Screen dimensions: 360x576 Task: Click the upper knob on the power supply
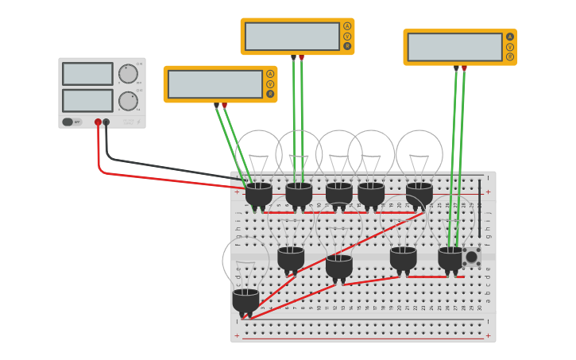click(127, 74)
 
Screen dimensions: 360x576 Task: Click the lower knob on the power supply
click(127, 101)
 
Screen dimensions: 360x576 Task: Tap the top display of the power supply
click(87, 74)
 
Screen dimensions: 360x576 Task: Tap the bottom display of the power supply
click(87, 101)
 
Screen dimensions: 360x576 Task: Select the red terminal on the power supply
click(99, 122)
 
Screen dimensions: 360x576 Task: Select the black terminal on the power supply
click(106, 122)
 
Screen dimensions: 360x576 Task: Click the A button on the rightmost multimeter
click(509, 37)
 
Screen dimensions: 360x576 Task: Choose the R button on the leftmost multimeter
click(270, 94)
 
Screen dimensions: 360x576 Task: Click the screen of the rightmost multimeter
click(454, 47)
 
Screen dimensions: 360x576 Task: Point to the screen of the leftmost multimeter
click(215, 84)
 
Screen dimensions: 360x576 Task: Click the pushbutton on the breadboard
click(471, 257)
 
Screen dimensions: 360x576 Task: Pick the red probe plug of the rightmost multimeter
click(464, 69)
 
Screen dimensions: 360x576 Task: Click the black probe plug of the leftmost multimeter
click(216, 105)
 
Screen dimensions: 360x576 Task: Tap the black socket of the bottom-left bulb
click(245, 301)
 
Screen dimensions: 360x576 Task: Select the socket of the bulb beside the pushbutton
click(450, 258)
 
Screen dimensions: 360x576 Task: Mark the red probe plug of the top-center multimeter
click(301, 58)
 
